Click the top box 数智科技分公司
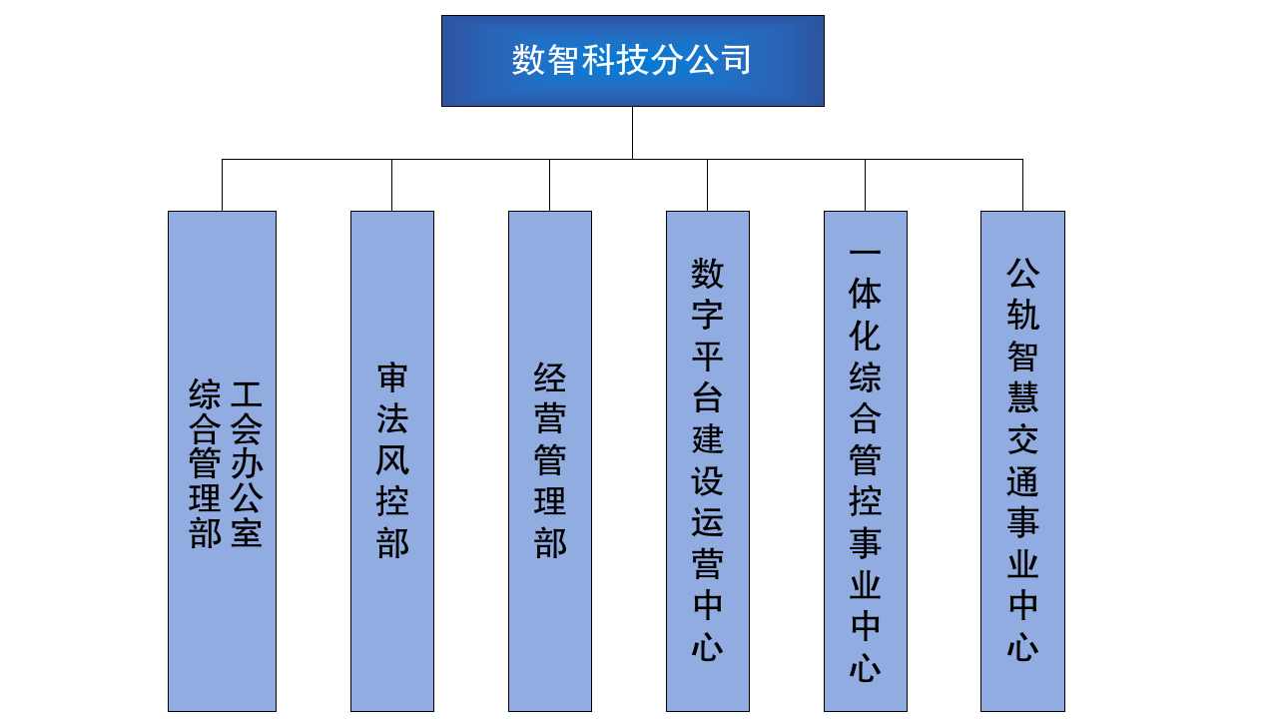tap(633, 61)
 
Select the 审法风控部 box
tap(392, 461)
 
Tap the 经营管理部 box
tap(550, 461)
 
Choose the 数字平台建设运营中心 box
tap(708, 461)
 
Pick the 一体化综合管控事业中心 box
tap(866, 461)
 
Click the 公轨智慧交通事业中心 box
tap(1023, 461)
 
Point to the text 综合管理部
tap(205, 463)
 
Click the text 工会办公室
tap(247, 463)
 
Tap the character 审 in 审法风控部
tap(392, 377)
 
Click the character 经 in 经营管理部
tap(550, 377)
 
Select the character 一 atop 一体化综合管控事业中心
tap(865, 251)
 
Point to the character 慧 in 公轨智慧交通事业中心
tap(1023, 397)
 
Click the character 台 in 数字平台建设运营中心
tap(708, 397)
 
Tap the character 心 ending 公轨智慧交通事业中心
tap(1023, 647)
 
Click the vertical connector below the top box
tap(632, 133)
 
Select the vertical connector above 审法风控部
tap(392, 185)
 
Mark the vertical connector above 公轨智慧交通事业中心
tap(1022, 185)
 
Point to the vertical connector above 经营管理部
tap(549, 185)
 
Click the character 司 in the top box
tap(736, 60)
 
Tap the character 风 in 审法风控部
tap(392, 460)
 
